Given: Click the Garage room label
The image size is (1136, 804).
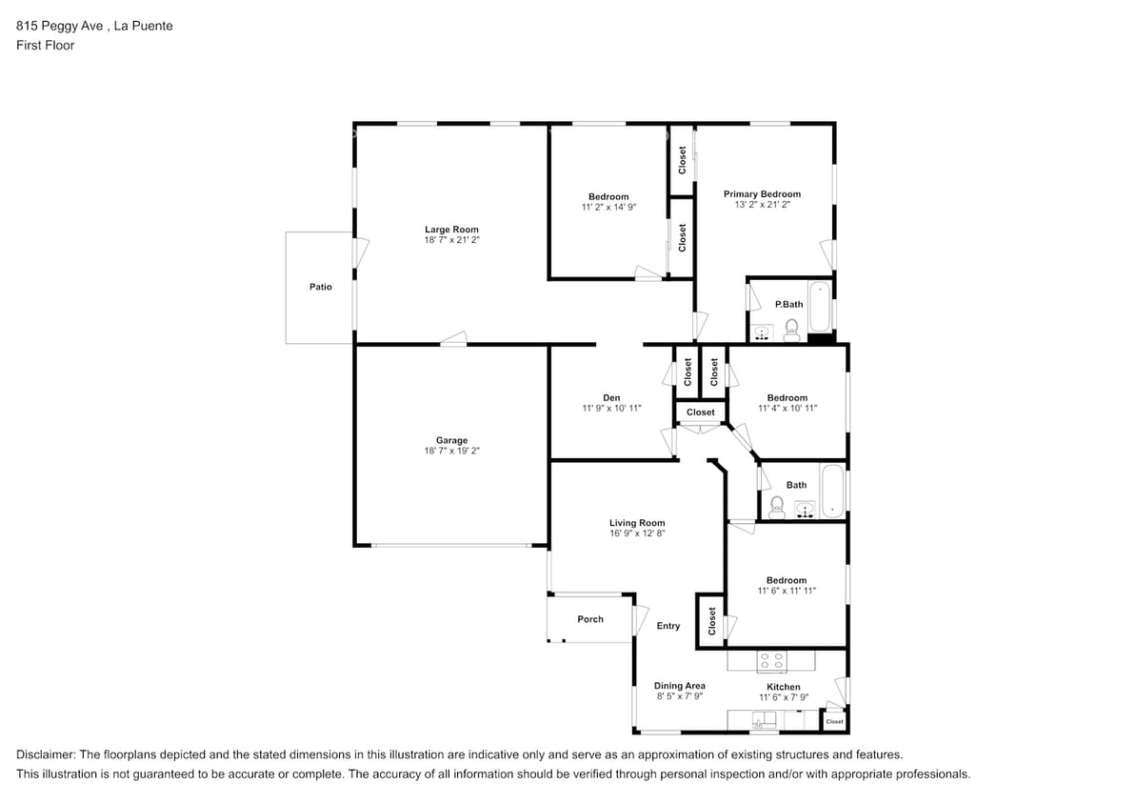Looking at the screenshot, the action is (451, 440).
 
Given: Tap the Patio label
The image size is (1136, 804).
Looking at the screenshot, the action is (320, 287).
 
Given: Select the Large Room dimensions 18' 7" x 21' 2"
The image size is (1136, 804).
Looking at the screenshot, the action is (452, 239).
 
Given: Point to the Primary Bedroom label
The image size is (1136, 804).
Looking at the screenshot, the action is (762, 193).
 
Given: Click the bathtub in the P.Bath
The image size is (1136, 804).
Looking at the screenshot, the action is (820, 307).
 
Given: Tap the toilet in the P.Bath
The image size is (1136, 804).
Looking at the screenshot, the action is (791, 330).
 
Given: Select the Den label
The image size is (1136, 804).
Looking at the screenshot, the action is (611, 397).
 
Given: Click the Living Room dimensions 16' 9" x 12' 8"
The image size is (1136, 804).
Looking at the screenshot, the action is (637, 533).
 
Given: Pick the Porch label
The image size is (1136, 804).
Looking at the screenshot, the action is (590, 619).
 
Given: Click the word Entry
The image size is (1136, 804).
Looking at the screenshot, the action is (668, 626).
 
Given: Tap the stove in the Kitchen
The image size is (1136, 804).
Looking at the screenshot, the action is (771, 660).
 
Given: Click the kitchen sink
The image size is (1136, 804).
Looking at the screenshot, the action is (764, 720).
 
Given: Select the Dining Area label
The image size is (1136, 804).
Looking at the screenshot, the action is (680, 685).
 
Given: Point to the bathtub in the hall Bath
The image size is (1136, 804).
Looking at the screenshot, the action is (832, 491).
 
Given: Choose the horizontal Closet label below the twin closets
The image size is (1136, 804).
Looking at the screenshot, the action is (701, 412).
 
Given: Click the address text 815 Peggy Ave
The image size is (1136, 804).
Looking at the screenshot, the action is (59, 26).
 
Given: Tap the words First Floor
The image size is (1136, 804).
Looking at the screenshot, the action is (45, 45).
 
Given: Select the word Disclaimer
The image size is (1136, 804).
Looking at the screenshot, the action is (46, 754).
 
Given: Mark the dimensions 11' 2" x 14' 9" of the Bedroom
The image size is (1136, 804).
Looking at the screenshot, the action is (608, 207).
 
